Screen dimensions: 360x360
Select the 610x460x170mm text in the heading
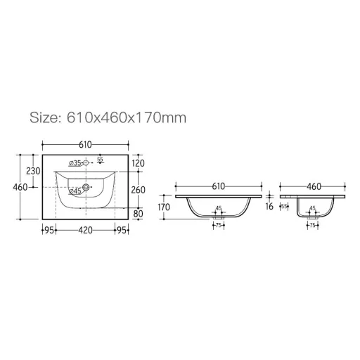[126, 117]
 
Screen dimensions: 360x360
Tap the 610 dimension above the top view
[84, 144]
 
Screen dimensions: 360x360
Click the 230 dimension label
[32, 172]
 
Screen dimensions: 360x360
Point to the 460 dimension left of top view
[20, 187]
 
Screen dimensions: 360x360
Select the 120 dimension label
[138, 163]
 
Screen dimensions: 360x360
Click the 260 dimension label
[138, 189]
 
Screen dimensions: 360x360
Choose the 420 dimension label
[85, 230]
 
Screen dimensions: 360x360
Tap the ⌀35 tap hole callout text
[75, 164]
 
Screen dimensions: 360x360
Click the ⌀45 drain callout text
[75, 191]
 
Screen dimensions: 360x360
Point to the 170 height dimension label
[164, 207]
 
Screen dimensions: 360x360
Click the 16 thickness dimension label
[270, 207]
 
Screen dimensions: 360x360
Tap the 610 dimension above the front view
[217, 186]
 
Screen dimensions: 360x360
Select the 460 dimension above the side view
[313, 186]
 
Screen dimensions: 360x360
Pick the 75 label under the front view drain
[218, 226]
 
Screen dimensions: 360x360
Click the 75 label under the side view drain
[311, 226]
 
